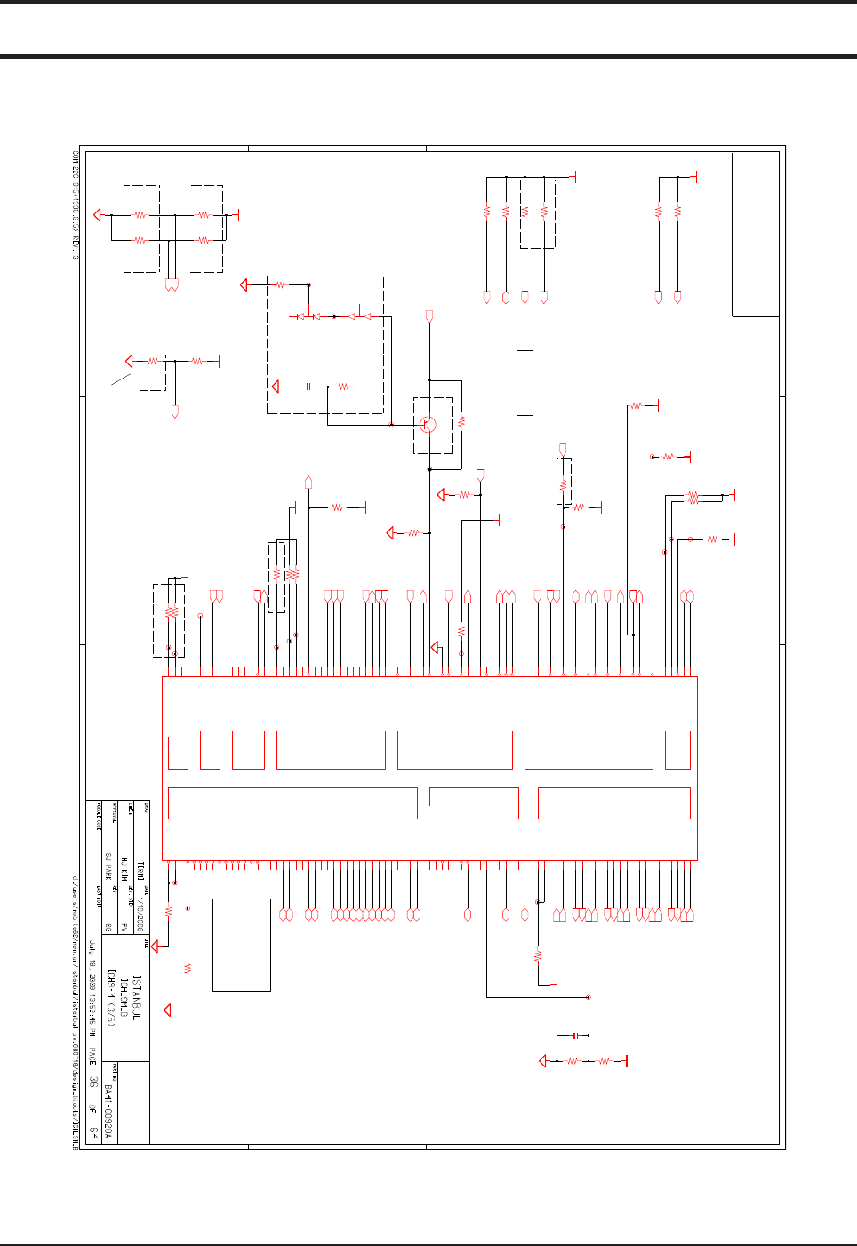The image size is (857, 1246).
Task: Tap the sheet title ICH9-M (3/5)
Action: (x=111, y=997)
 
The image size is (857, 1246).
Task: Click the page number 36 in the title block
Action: (x=92, y=1082)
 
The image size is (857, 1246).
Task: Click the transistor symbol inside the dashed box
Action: (x=428, y=425)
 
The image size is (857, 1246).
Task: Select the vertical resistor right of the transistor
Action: (x=461, y=421)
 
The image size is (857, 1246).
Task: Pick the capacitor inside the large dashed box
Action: (x=308, y=387)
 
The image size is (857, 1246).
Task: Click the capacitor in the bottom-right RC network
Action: (x=576, y=1035)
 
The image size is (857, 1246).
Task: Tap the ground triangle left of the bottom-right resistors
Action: (x=544, y=1061)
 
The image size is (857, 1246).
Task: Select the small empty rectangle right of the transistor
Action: (x=525, y=383)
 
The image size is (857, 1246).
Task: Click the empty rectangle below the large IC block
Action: (x=242, y=945)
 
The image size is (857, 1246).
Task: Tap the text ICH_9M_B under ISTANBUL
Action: (x=124, y=997)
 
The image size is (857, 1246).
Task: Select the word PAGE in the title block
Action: (x=92, y=1057)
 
